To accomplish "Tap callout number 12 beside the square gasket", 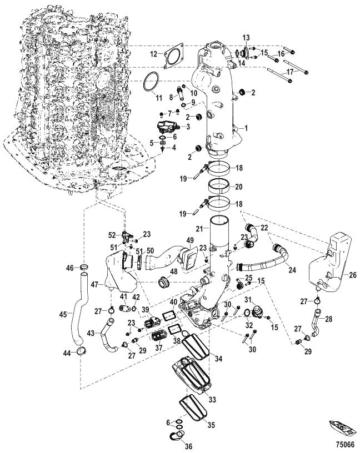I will coord(153,54).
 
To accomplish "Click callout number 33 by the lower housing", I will coord(212,399).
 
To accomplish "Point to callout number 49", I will coord(189,241).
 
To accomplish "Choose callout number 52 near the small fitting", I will coord(111,234).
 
